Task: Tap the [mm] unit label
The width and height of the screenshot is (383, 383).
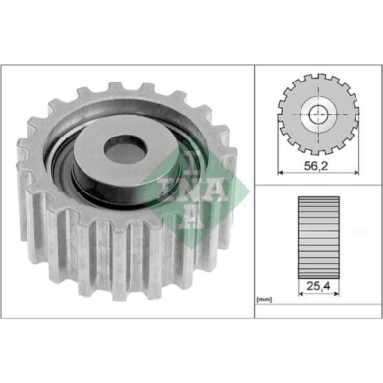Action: tap(263, 298)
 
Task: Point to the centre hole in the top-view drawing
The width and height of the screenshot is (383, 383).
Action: tap(317, 117)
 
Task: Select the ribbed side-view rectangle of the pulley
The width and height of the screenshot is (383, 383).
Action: tap(317, 233)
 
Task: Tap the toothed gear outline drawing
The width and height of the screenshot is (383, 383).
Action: tap(317, 117)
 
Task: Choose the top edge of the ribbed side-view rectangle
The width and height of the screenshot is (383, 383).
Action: tap(317, 198)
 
